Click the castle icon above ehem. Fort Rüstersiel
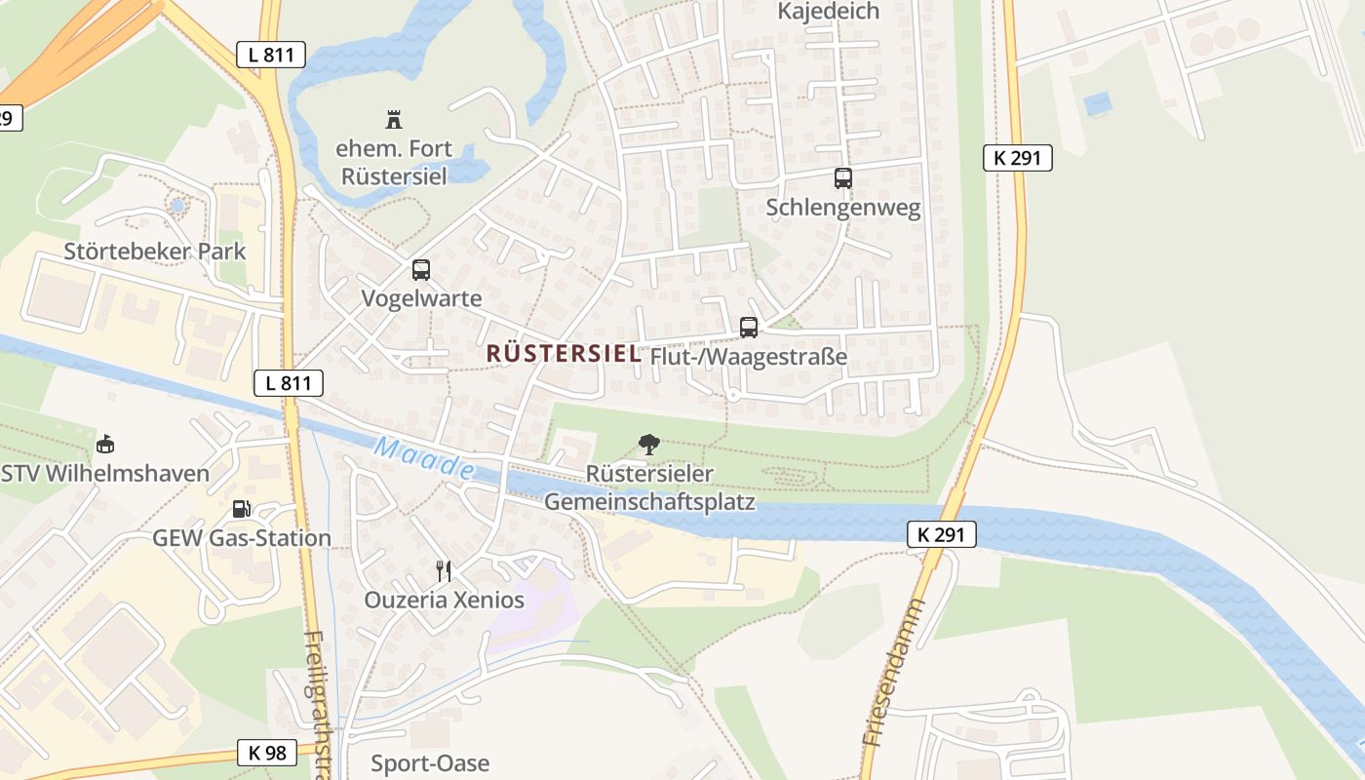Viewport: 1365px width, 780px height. point(394,120)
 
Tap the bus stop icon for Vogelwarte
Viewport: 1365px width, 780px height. point(421,270)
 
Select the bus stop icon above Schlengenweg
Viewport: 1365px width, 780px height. point(843,178)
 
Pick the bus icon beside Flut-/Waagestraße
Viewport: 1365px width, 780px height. point(749,328)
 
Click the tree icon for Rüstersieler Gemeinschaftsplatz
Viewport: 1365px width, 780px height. point(648,445)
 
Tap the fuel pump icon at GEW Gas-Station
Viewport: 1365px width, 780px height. point(241,509)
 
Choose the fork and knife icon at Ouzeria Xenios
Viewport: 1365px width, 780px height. point(444,571)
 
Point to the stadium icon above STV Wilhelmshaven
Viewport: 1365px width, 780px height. point(105,445)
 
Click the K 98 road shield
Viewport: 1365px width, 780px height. point(266,753)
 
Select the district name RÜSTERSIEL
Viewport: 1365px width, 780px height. point(564,354)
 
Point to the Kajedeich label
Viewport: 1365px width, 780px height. point(828,12)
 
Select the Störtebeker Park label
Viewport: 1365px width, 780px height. point(155,251)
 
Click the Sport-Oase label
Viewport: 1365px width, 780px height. point(430,762)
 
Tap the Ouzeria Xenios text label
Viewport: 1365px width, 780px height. point(444,600)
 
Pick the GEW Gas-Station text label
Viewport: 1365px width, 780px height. point(242,538)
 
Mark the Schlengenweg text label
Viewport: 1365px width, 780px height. point(843,209)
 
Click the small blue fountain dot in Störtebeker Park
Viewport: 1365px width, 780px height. point(177,207)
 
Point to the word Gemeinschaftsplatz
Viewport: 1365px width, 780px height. point(649,502)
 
